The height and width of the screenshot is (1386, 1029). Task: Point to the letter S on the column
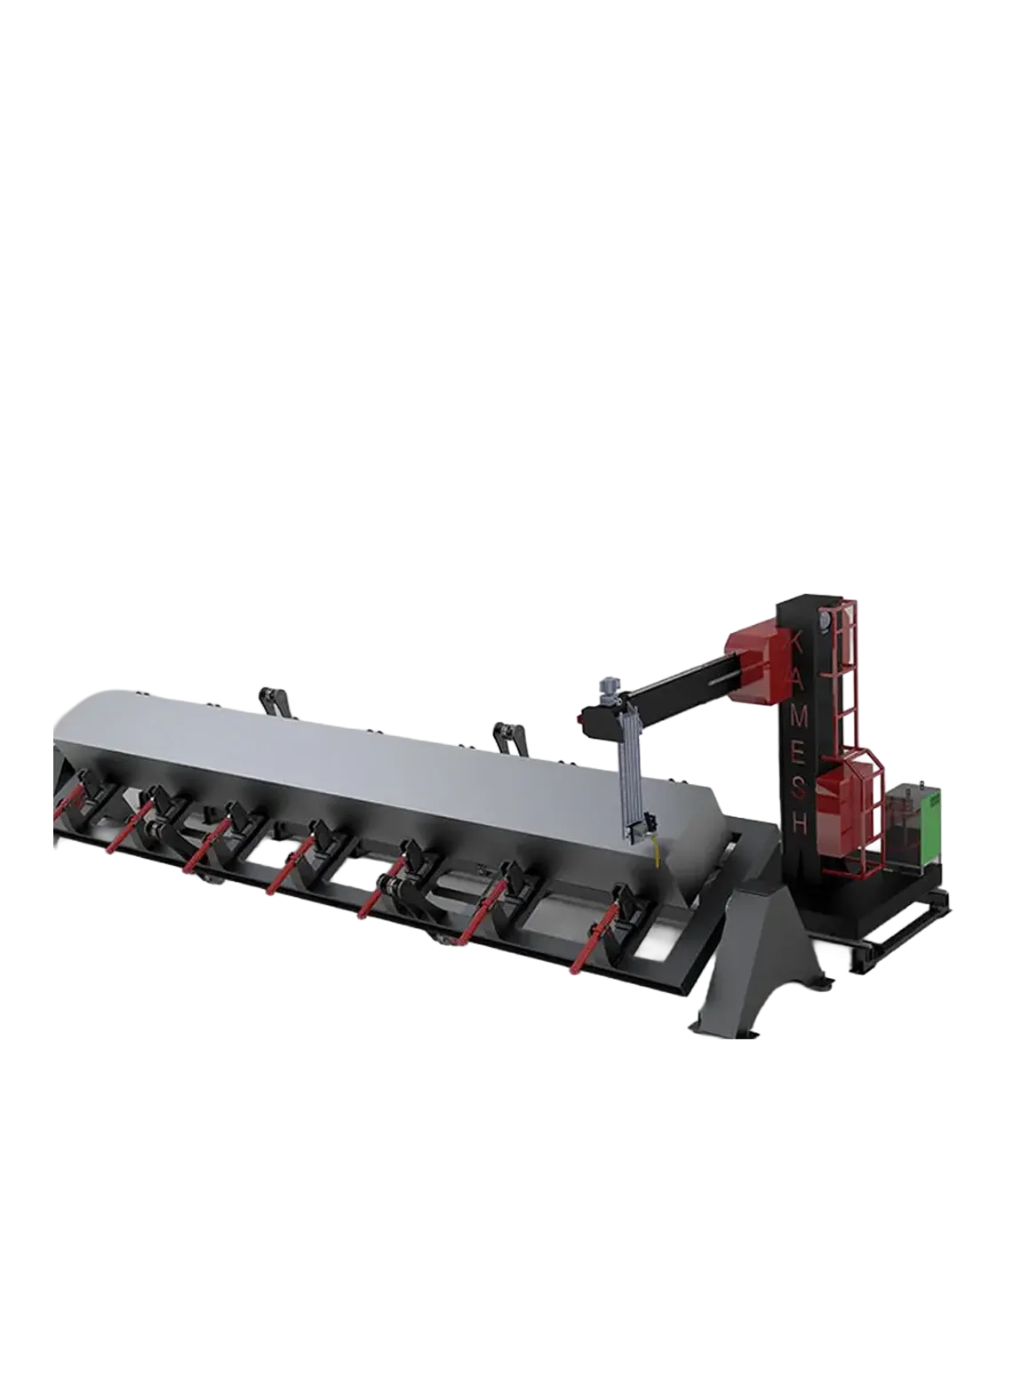pyautogui.click(x=800, y=789)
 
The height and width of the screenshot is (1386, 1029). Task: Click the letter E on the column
pyautogui.click(x=800, y=752)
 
